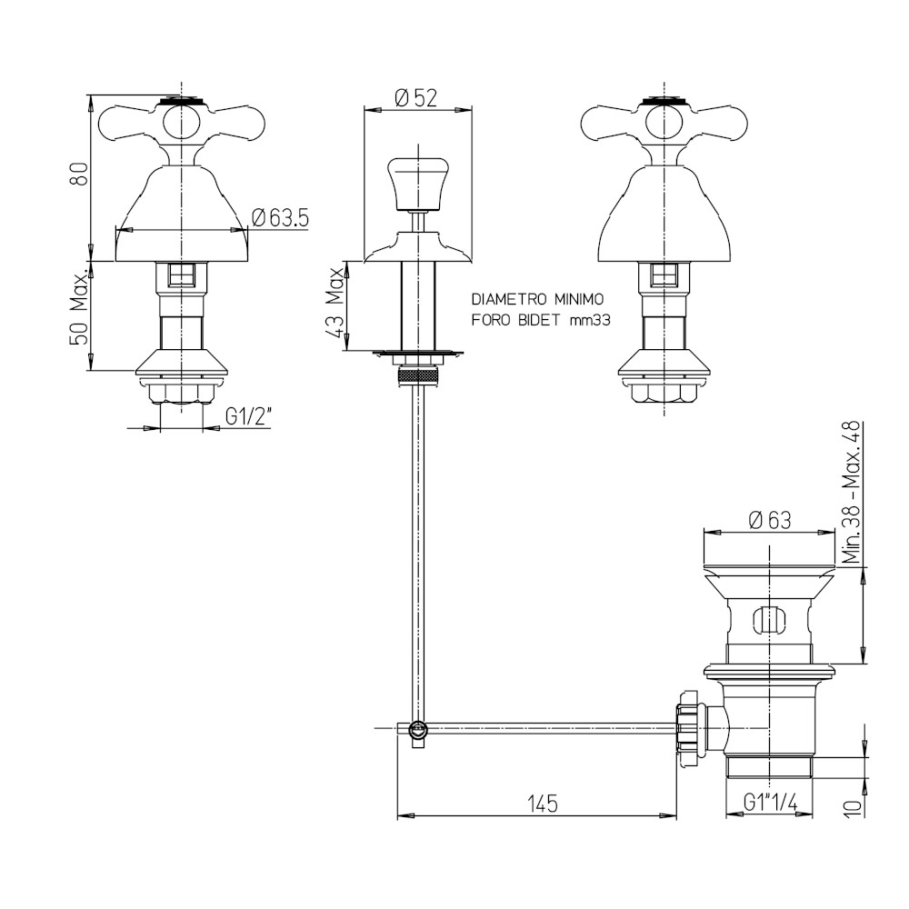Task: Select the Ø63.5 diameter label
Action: [x=281, y=218]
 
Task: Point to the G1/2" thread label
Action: [x=248, y=417]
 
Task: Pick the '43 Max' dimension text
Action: [x=335, y=305]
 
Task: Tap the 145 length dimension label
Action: [x=543, y=804]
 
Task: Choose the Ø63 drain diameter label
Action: [x=769, y=520]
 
